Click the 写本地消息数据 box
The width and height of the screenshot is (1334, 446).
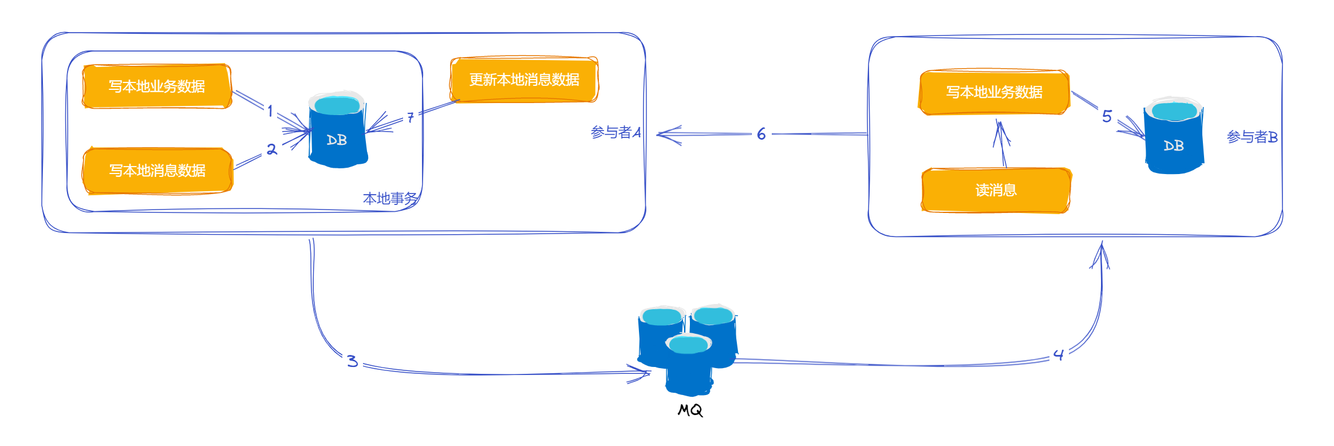pyautogui.click(x=157, y=171)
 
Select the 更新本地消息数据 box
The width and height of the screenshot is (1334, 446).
pyautogui.click(x=524, y=80)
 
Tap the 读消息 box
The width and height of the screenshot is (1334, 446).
pyautogui.click(x=996, y=190)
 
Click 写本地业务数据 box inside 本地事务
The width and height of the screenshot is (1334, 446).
pyautogui.click(x=157, y=86)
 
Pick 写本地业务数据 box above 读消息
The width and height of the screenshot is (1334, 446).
pyautogui.click(x=994, y=92)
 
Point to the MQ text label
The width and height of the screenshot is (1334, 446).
pyautogui.click(x=690, y=410)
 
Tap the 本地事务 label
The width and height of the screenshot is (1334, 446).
pyautogui.click(x=390, y=199)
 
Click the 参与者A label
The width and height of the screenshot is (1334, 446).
pyautogui.click(x=615, y=132)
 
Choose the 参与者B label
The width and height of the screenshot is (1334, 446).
pyautogui.click(x=1252, y=137)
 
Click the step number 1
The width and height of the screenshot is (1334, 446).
pyautogui.click(x=270, y=110)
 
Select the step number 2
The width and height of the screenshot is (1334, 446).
pyautogui.click(x=272, y=149)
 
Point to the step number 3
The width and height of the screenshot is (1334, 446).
pyautogui.click(x=353, y=361)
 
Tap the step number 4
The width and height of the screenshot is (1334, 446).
pyautogui.click(x=1059, y=355)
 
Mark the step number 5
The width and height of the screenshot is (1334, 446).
pyautogui.click(x=1107, y=117)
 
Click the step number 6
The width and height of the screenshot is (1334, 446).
pyautogui.click(x=761, y=134)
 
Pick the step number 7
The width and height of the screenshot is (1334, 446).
pyautogui.click(x=411, y=117)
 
